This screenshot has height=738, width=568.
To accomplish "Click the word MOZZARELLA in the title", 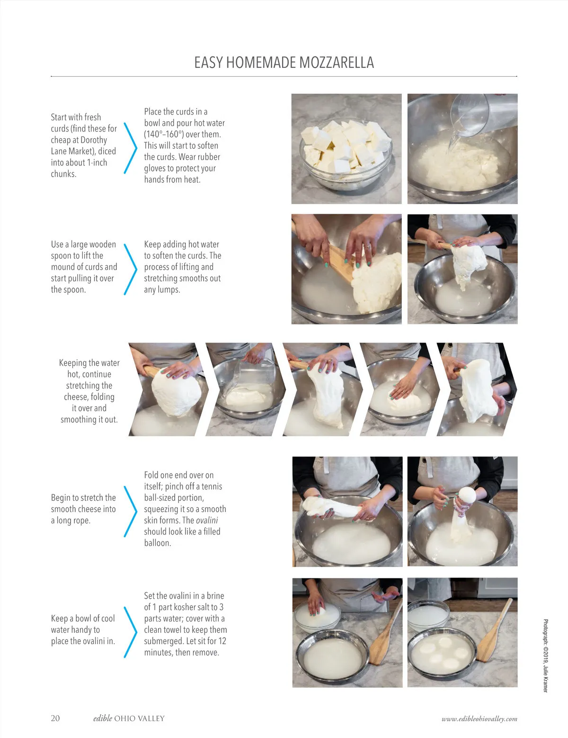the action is [x=337, y=63].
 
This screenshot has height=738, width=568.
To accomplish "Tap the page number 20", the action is [x=55, y=718].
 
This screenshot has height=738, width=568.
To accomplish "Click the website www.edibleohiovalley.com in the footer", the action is [x=479, y=719].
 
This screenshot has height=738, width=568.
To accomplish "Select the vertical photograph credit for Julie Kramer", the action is [x=546, y=656].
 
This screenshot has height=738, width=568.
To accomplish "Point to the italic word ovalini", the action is [x=207, y=520].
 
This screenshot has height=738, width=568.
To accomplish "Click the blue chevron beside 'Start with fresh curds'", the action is [x=130, y=148].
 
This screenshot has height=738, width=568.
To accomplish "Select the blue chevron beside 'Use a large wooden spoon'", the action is [x=130, y=269].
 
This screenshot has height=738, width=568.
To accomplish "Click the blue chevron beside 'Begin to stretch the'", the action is [x=130, y=511].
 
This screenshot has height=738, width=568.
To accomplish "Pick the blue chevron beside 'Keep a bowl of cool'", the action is [x=130, y=632].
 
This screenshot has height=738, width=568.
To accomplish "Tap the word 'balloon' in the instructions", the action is [x=158, y=543].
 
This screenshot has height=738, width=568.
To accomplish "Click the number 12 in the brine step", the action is [x=222, y=641].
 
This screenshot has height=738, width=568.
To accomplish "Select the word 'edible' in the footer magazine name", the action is [x=102, y=718].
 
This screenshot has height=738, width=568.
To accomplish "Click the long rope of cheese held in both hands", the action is [x=336, y=507].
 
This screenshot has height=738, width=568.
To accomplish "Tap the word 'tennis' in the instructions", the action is [x=212, y=486].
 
